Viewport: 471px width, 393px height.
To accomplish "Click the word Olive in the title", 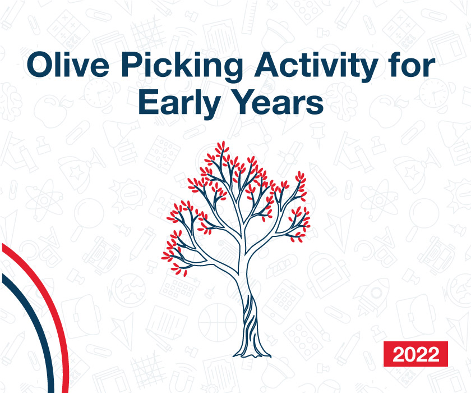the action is point(68,65).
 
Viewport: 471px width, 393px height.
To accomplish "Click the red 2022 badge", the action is point(415,354).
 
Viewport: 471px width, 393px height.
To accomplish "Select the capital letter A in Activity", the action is point(267,65).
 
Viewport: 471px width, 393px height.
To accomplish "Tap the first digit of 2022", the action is point(399,354).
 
